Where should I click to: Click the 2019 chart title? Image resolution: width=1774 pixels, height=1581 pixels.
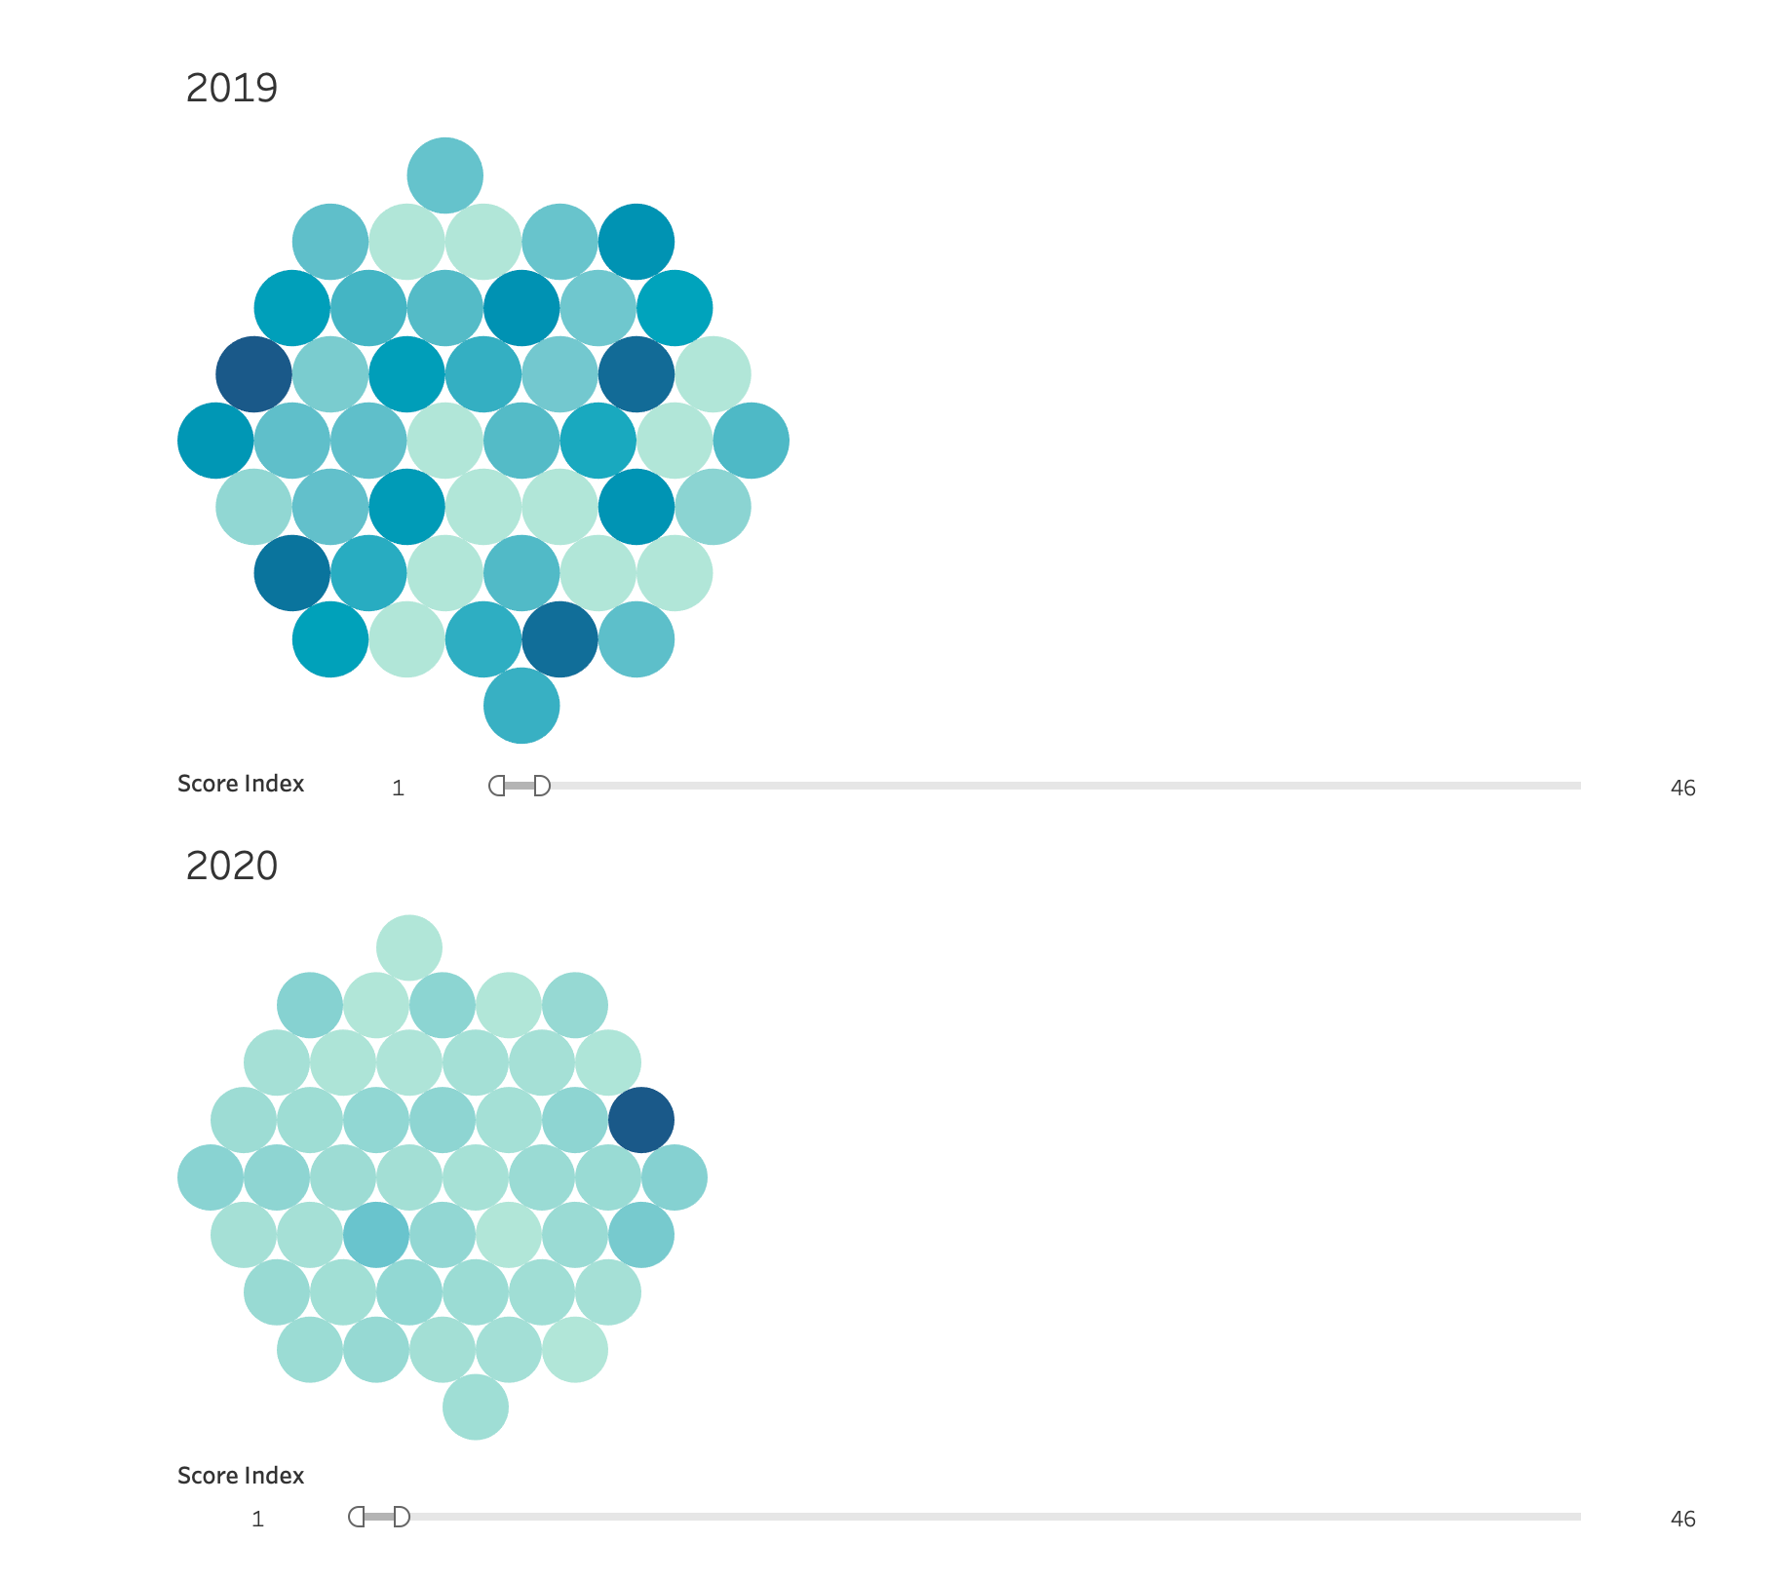coord(232,88)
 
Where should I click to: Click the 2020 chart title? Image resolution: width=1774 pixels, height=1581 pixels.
coord(232,866)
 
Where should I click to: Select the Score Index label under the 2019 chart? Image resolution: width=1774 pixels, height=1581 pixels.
coord(241,784)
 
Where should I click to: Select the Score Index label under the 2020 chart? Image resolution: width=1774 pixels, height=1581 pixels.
coord(241,1476)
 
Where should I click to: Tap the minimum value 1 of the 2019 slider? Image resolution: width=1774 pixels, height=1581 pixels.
coord(398,789)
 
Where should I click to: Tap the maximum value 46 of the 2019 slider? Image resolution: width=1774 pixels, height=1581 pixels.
coord(1682,789)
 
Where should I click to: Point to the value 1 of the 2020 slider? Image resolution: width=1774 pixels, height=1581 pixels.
coord(257,1520)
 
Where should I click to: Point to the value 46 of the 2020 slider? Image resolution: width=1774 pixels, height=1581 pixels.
coord(1682,1520)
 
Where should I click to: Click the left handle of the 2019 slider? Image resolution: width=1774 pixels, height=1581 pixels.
coord(497,786)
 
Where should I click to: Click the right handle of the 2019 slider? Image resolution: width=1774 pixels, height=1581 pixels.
coord(542,786)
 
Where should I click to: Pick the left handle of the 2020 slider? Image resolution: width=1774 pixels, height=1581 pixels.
coord(357,1517)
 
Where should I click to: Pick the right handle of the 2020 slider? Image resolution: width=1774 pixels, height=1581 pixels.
coord(402,1517)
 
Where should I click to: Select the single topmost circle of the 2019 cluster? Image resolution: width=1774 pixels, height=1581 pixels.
coord(445,175)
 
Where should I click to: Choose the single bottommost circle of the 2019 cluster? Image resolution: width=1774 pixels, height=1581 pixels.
coord(521,706)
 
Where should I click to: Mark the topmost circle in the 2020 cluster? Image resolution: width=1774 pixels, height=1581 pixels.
coord(409,947)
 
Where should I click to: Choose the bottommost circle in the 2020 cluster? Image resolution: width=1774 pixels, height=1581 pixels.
coord(476,1407)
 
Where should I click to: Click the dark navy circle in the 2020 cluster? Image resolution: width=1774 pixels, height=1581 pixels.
coord(641,1120)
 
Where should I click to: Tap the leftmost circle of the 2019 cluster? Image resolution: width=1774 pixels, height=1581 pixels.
coord(215,441)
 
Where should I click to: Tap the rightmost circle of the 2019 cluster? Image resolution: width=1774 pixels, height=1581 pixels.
coord(751,441)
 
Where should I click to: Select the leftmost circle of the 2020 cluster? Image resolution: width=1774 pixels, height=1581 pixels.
coord(211,1177)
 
